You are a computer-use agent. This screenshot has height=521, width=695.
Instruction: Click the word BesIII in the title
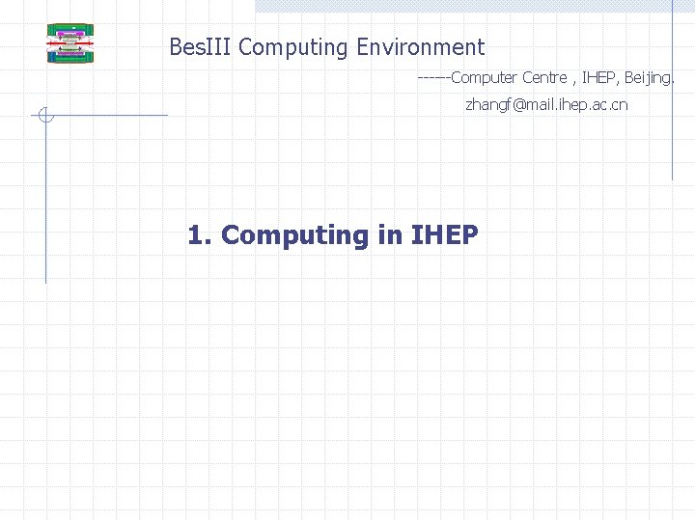[201, 46]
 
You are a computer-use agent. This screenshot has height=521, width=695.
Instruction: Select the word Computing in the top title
[293, 46]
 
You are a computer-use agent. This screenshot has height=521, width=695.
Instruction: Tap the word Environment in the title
[420, 46]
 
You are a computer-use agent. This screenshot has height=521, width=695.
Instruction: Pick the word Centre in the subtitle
[544, 77]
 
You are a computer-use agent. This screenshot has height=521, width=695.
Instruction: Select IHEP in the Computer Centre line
[600, 77]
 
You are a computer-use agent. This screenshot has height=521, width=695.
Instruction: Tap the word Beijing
[650, 77]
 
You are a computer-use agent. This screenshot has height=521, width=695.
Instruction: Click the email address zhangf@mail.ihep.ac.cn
[546, 104]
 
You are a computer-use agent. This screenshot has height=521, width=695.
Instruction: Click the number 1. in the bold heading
[199, 234]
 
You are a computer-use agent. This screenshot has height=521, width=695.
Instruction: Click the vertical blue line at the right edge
[672, 96]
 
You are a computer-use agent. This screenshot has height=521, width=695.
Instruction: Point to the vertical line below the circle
[45, 203]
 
